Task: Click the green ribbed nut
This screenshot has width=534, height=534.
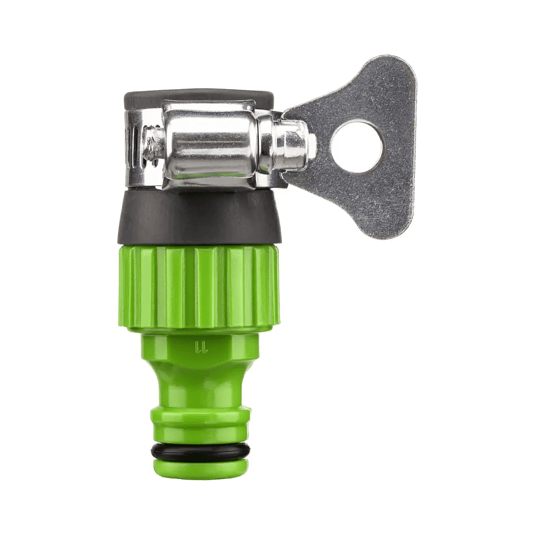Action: pyautogui.click(x=199, y=286)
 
